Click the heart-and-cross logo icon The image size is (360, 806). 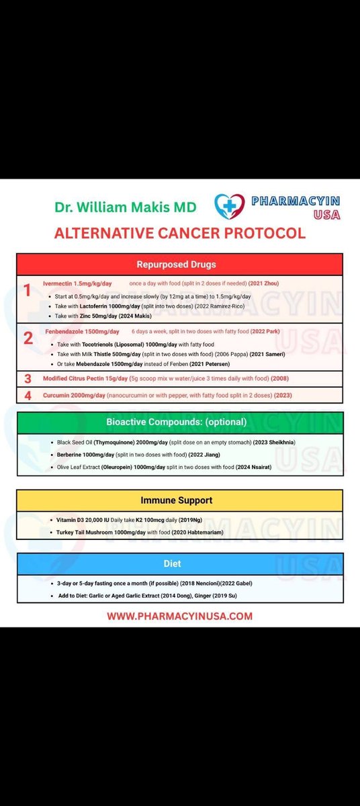(x=230, y=206)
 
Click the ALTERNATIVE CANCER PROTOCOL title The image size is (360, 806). (x=179, y=234)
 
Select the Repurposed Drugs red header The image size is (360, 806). (x=179, y=264)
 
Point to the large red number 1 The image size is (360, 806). (x=28, y=291)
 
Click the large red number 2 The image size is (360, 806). (x=28, y=338)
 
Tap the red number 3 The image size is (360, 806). (x=28, y=379)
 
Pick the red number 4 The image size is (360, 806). (x=28, y=395)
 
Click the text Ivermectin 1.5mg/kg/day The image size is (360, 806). (x=77, y=283)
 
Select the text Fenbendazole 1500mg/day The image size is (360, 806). (x=82, y=331)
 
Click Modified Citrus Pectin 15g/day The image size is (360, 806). (x=85, y=379)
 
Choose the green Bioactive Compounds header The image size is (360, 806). (x=179, y=422)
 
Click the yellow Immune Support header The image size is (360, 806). (x=179, y=500)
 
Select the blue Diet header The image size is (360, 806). (x=179, y=564)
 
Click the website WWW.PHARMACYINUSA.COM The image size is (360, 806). (x=179, y=616)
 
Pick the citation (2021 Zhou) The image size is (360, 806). (x=264, y=283)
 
